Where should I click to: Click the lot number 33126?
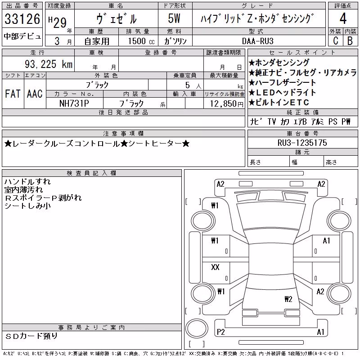pyautogui.click(x=22, y=19)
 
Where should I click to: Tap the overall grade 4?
pyautogui.click(x=343, y=18)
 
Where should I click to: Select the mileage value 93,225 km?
pyautogui.click(x=49, y=64)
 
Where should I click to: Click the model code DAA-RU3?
pyautogui.click(x=258, y=41)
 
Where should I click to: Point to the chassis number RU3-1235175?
pyautogui.click(x=302, y=143)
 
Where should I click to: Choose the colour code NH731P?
pyautogui.click(x=74, y=103)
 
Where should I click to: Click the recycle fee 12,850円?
pyautogui.click(x=227, y=103)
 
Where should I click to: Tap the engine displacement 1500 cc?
pyautogui.click(x=141, y=41)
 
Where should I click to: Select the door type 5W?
pyautogui.click(x=174, y=18)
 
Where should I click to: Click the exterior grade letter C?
pyautogui.click(x=336, y=40)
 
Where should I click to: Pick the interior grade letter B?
pyautogui.click(x=350, y=40)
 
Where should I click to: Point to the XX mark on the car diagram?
pyautogui.click(x=215, y=267)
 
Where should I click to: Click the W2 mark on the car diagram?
pyautogui.click(x=288, y=299)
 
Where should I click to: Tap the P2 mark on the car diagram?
pyautogui.click(x=220, y=332)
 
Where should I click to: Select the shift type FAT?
pyautogui.click(x=13, y=94)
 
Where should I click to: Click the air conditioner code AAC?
pyautogui.click(x=35, y=94)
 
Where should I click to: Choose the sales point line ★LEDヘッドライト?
pyautogui.click(x=282, y=93)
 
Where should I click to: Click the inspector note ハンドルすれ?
pyautogui.click(x=27, y=182)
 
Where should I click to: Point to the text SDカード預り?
pyautogui.click(x=31, y=336)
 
